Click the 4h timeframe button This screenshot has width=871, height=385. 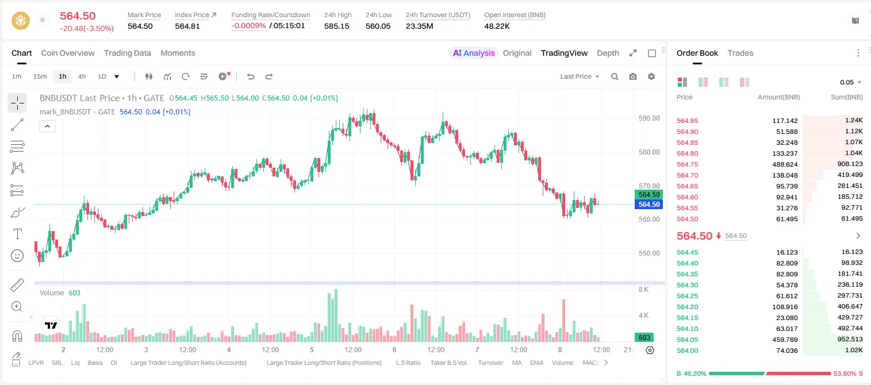point(82,76)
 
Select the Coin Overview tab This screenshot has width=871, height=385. point(68,53)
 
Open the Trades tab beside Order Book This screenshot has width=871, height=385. point(740,53)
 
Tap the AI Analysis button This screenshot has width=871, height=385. point(474,53)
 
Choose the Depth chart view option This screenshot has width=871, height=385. point(608,53)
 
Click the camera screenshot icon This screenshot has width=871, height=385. point(632,76)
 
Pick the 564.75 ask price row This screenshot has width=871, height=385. point(687,164)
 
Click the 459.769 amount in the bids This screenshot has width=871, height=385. point(785,340)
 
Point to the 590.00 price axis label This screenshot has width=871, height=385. point(649,118)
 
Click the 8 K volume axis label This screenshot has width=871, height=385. point(643,290)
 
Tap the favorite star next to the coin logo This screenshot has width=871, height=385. point(43,20)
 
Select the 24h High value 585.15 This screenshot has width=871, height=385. point(336,26)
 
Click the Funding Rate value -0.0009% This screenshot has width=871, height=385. point(248,26)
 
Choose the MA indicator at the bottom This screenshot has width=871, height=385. point(517,363)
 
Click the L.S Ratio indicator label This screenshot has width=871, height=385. point(408,363)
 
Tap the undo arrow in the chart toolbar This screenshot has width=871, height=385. point(251,76)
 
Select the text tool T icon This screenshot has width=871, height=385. point(17,234)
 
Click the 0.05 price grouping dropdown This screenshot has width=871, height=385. point(850,82)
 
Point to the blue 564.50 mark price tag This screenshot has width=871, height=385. point(649,205)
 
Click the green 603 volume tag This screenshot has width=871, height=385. point(644,338)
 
